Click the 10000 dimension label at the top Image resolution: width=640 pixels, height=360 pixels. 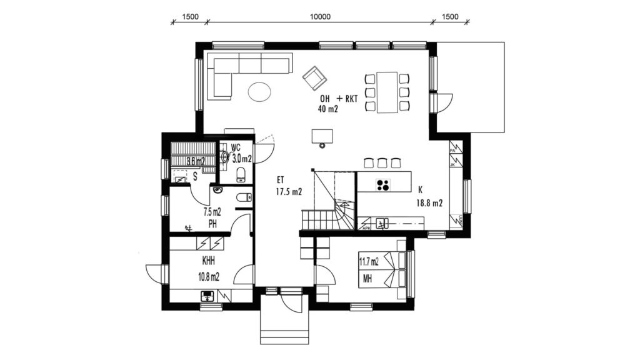[x=319, y=17]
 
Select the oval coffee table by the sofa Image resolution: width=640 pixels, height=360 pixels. [x=259, y=92]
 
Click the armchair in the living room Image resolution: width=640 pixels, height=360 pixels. [x=315, y=77]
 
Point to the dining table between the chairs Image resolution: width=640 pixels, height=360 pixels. [x=387, y=92]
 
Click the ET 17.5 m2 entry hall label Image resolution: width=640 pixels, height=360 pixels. [x=288, y=186]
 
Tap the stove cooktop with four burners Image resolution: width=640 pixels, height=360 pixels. [x=382, y=184]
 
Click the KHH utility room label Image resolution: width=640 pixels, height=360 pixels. [x=209, y=263]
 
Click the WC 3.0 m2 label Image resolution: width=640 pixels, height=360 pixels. [x=241, y=154]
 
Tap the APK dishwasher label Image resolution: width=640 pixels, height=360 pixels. [x=367, y=229]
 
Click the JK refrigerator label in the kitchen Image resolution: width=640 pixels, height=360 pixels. [x=452, y=165]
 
